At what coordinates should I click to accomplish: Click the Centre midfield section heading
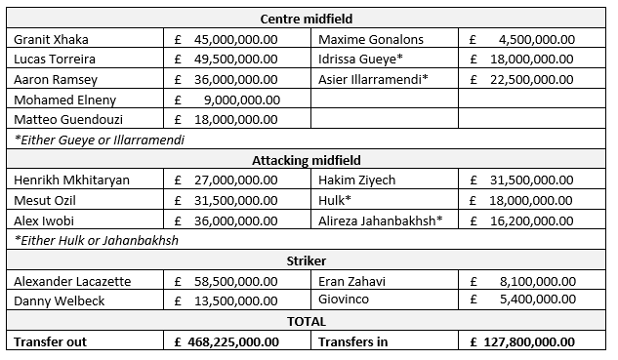(308, 20)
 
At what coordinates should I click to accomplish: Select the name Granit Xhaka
(50, 40)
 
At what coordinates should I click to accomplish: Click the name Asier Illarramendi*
(373, 79)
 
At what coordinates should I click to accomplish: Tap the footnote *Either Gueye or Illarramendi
(100, 140)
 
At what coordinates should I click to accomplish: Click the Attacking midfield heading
(308, 160)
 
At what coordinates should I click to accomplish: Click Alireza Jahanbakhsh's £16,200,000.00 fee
(528, 220)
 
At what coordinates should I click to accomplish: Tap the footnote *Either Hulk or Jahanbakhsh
(96, 240)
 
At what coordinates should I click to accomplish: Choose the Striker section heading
(308, 260)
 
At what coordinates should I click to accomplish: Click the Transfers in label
(353, 341)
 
